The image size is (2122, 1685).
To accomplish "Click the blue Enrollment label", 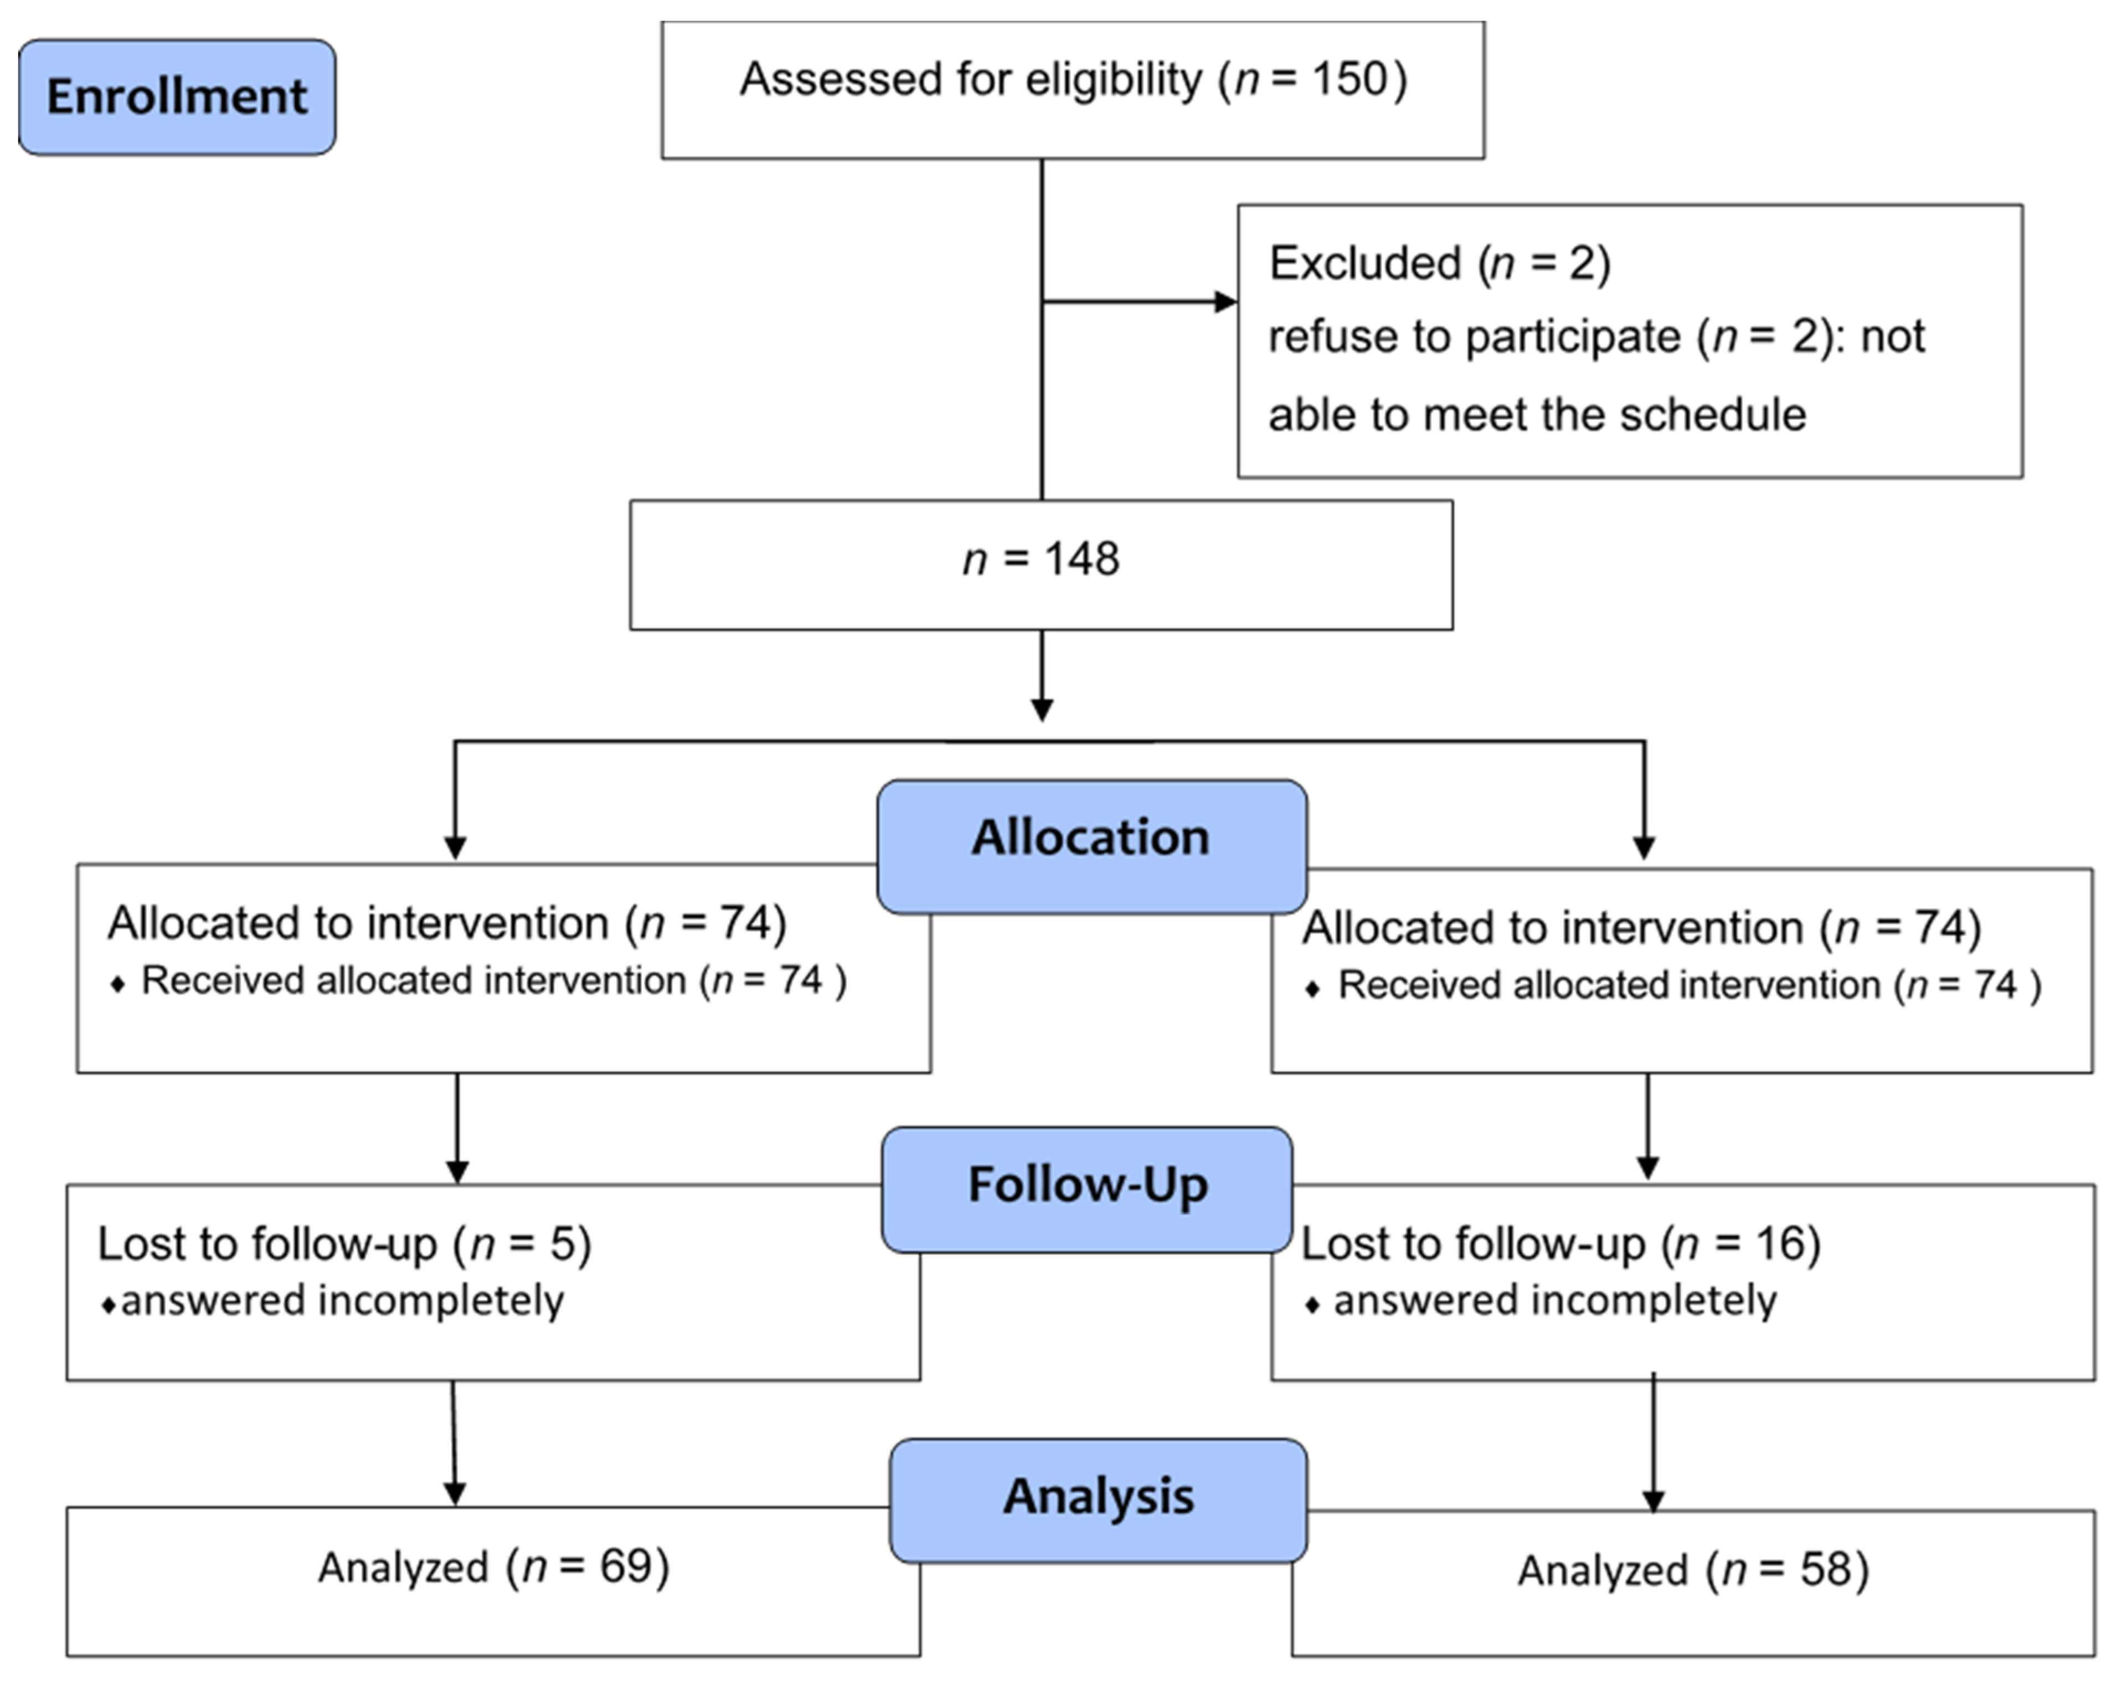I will (177, 96).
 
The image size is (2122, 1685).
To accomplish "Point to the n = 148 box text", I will (1041, 559).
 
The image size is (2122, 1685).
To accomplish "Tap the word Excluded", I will (1364, 263).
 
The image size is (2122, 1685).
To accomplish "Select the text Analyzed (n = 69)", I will (493, 1567).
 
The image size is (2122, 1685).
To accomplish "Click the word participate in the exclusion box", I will (1571, 337).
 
